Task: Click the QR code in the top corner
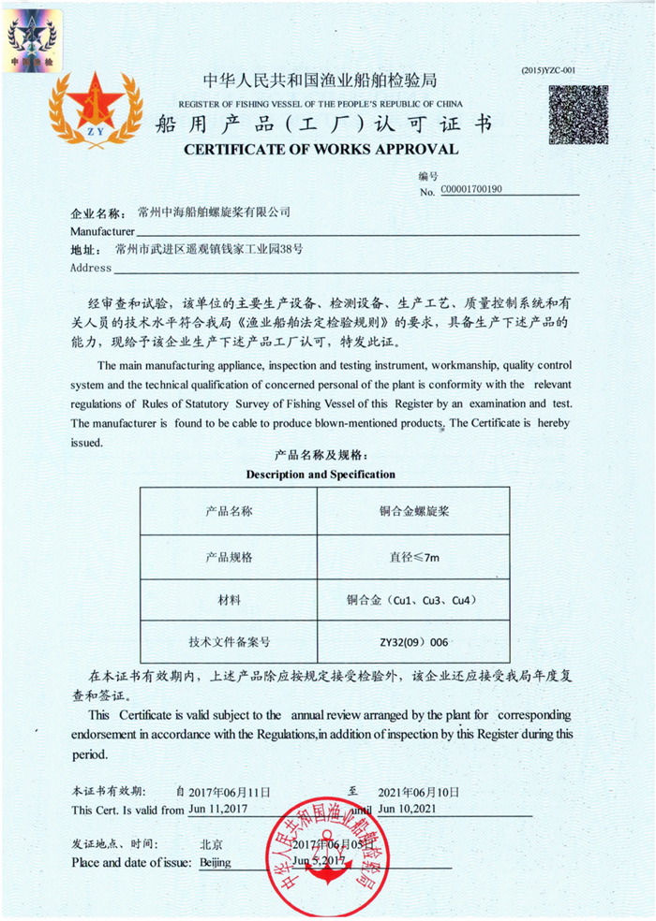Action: tap(579, 116)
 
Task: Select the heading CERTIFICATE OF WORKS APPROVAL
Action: tap(321, 150)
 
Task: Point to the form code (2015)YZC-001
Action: tap(548, 70)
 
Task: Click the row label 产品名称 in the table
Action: tap(229, 512)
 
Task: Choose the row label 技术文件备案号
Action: tap(229, 643)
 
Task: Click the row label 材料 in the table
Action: tap(229, 600)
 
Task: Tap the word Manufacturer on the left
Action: tap(103, 230)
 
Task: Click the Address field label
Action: tap(91, 268)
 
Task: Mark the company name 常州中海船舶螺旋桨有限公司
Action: tap(214, 212)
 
